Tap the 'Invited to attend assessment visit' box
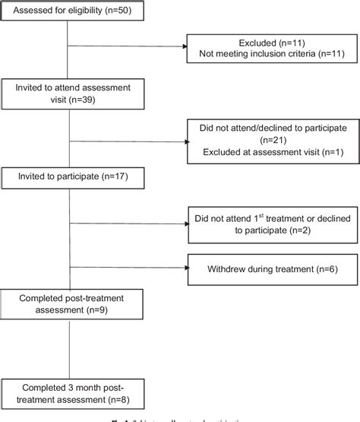tap(71, 93)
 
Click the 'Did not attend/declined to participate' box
tap(271, 141)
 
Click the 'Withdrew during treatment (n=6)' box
tap(271, 268)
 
